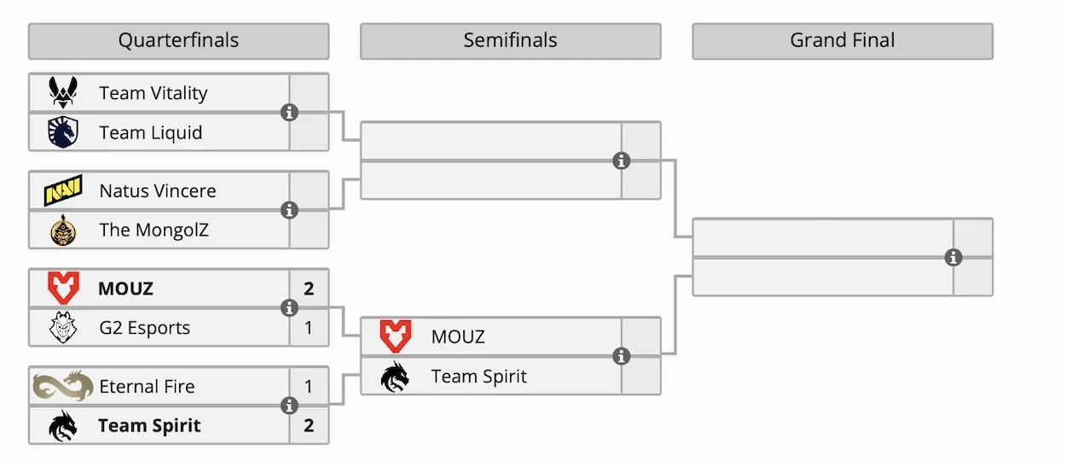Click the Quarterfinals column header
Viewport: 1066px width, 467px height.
[x=178, y=41]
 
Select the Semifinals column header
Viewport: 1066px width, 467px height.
[x=510, y=41]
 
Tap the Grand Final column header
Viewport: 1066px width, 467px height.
[x=843, y=41]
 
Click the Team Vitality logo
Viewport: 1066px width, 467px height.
[x=62, y=92]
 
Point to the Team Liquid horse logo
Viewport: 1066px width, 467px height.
[x=62, y=132]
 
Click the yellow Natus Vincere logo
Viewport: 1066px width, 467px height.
[x=62, y=190]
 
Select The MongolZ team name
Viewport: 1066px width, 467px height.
[x=154, y=230]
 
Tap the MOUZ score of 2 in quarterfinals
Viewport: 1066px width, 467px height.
[x=309, y=289]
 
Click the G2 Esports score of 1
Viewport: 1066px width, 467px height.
[x=309, y=328]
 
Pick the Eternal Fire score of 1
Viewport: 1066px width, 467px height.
[x=309, y=387]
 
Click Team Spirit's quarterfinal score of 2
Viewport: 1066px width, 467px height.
[x=309, y=425]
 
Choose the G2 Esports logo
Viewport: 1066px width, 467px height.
[x=62, y=328]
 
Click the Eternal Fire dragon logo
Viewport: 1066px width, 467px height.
[x=62, y=387]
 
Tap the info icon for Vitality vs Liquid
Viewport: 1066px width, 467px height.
[x=290, y=112]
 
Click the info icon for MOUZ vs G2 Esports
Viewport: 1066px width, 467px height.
[x=290, y=308]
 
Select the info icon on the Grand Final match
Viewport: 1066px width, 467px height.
[x=953, y=257]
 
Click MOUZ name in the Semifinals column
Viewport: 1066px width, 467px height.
[x=458, y=337]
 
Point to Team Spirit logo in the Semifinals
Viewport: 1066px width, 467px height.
[x=395, y=377]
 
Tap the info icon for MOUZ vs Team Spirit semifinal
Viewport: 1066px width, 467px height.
[x=622, y=356]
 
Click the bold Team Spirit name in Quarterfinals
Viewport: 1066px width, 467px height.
[x=149, y=426]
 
